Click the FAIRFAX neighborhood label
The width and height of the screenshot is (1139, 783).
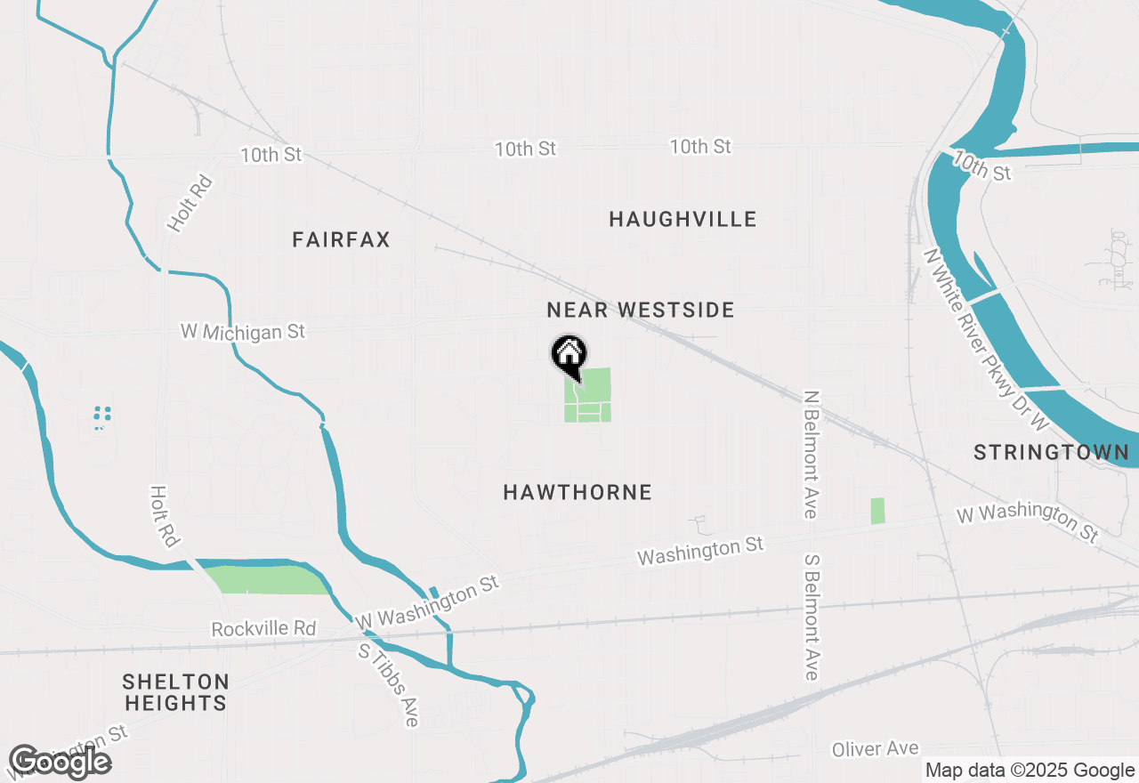[x=341, y=239]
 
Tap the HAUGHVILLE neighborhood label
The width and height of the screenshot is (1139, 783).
[x=683, y=219]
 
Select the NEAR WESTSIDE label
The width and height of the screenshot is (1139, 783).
[x=641, y=310]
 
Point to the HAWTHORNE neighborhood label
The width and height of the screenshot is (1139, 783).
[x=578, y=492]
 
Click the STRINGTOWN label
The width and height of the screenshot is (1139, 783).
[x=1051, y=452]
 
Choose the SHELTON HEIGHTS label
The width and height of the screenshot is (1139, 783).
[x=175, y=692]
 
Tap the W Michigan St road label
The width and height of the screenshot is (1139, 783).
[x=243, y=332]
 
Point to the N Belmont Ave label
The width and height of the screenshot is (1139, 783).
[x=810, y=454]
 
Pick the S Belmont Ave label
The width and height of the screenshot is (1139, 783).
[x=811, y=618]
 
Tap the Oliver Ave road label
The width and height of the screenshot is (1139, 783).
[x=875, y=749]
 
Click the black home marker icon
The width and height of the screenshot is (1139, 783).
[x=569, y=355]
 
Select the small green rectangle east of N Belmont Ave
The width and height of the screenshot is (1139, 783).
[x=878, y=511]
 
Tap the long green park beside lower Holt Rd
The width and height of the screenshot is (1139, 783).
[x=267, y=579]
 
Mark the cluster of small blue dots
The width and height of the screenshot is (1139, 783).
[x=102, y=415]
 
